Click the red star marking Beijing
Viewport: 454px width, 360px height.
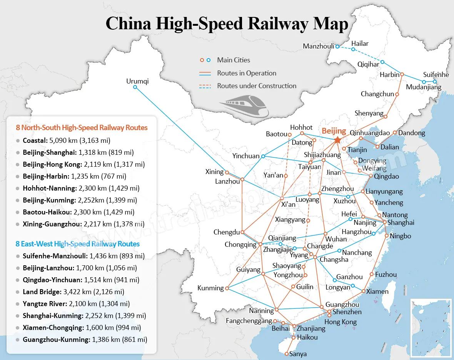point(338,140)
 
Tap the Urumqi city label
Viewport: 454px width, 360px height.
point(137,81)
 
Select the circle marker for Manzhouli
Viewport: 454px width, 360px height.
point(337,46)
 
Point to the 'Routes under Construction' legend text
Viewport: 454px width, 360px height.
point(257,86)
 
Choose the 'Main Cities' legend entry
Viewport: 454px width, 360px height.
point(233,60)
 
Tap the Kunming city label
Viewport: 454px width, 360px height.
point(210,288)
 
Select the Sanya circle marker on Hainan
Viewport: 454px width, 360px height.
point(287,353)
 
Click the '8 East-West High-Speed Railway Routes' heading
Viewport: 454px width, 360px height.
point(77,244)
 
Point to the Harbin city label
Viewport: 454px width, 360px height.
point(389,75)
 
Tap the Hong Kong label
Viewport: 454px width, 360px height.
point(340,322)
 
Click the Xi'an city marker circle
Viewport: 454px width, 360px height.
point(282,198)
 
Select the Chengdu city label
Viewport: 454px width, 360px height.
point(227,232)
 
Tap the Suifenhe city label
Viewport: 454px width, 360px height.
point(436,75)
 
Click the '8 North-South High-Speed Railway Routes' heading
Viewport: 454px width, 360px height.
point(82,127)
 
